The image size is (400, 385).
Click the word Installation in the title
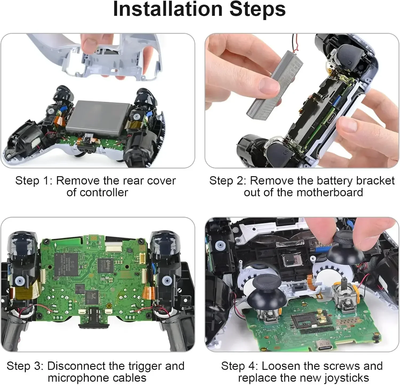[x=167, y=9]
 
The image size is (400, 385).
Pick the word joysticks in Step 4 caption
[x=346, y=378]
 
